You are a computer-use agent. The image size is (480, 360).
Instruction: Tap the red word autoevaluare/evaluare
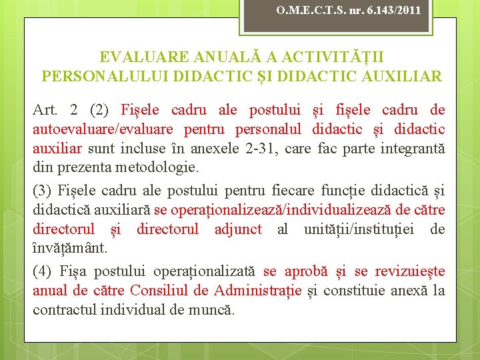pos(103,129)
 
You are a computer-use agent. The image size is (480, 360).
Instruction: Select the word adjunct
pos(239,230)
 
